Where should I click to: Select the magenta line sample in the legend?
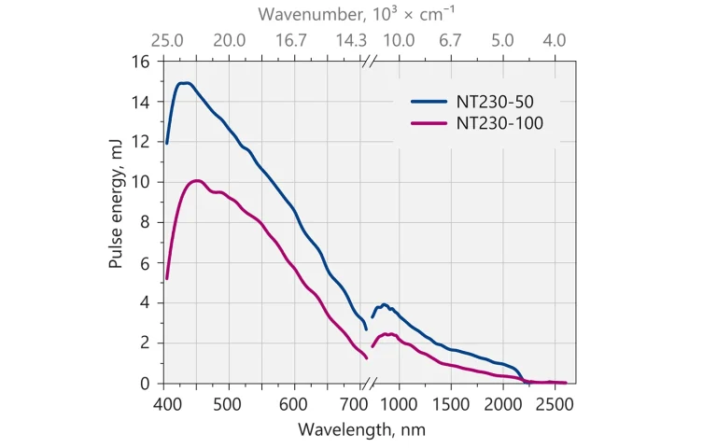431,122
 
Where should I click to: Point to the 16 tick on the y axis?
142,62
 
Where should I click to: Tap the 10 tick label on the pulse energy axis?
142,182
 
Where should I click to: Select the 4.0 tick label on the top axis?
555,41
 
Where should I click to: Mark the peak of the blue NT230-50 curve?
185,83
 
